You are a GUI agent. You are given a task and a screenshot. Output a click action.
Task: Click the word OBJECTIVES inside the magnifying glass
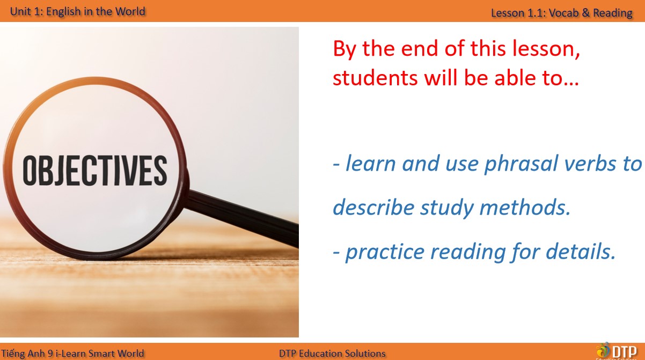(x=94, y=171)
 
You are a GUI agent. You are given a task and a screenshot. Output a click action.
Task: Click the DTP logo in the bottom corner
(x=617, y=350)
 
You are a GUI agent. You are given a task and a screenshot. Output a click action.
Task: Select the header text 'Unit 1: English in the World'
(x=77, y=11)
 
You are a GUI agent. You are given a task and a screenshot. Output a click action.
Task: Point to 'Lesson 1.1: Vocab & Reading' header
(x=561, y=13)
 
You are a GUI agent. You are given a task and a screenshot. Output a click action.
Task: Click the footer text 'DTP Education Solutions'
(x=332, y=353)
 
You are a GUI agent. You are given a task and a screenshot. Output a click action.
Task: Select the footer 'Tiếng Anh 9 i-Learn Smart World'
(x=72, y=353)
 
